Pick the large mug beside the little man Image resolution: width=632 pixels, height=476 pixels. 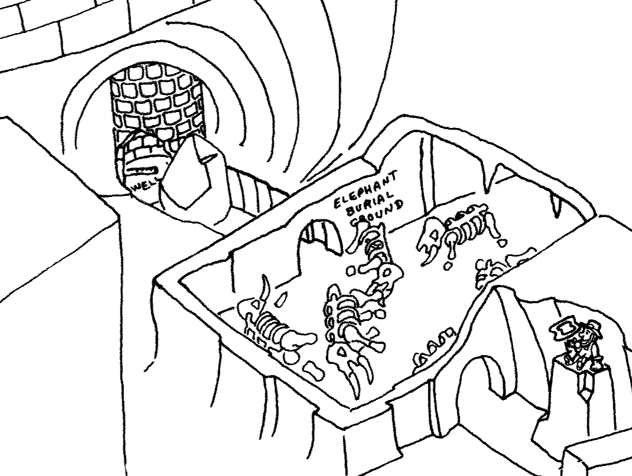point(565,329)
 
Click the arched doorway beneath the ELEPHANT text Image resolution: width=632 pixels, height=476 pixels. point(322,237)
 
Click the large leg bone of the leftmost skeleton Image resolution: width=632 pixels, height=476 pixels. point(298,339)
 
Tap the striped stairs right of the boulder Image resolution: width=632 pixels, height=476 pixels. point(248,192)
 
